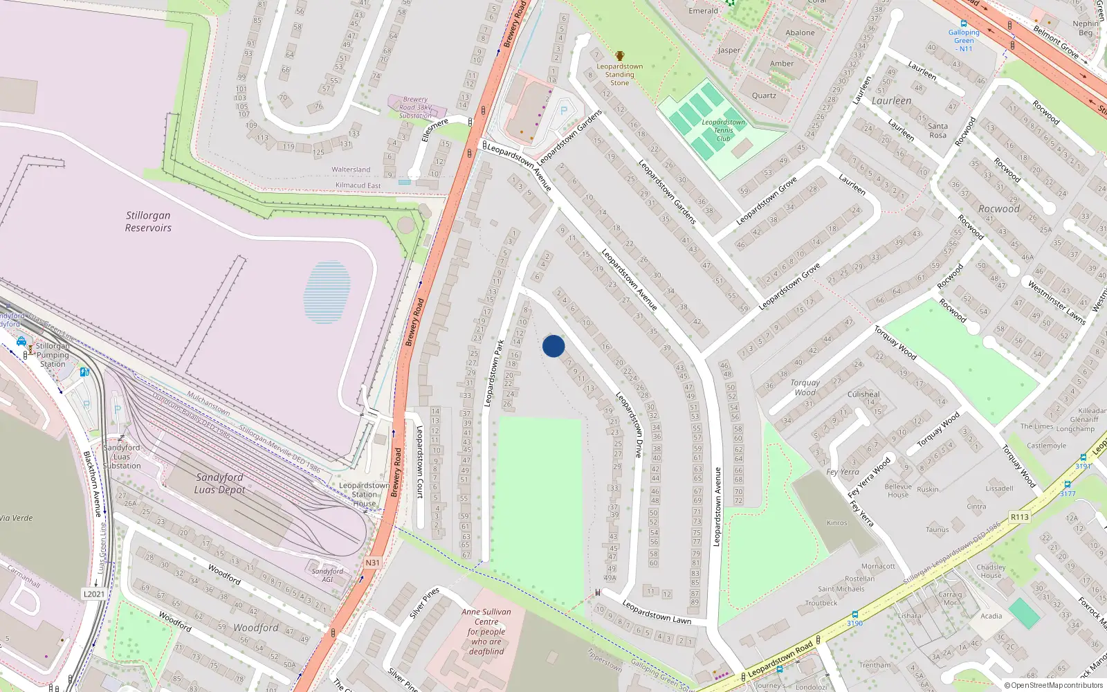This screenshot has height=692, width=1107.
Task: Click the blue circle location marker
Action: coord(553,346)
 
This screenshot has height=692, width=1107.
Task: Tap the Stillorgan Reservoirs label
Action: coord(148,221)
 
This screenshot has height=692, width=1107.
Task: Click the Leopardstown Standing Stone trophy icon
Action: coord(620,56)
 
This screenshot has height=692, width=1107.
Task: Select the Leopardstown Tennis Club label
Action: coord(723,130)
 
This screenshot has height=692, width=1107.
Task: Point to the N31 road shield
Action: coord(373,563)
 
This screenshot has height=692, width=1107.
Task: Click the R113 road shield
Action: coord(1019,517)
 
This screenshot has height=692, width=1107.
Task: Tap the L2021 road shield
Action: coord(94,594)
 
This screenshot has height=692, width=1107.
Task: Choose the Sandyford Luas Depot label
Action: coord(219,483)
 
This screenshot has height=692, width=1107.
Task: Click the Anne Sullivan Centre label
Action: coord(486,631)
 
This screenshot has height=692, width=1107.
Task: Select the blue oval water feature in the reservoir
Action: coord(327,292)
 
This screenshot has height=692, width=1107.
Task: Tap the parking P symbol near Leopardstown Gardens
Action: coord(564,111)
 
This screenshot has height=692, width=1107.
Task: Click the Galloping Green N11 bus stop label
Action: coord(964,40)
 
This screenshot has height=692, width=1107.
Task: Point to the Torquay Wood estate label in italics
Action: coord(805,388)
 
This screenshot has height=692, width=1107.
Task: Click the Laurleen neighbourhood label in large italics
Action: coord(891,101)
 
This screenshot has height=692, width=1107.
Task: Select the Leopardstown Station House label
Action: coord(364,494)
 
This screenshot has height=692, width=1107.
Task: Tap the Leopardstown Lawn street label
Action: coord(656,612)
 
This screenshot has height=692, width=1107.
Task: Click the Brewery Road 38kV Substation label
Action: coord(416,107)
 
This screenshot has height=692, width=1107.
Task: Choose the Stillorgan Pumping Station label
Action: coord(53,355)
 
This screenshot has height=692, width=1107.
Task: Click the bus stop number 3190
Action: coord(854,623)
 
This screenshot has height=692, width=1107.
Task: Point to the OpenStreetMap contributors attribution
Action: coord(1054,685)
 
